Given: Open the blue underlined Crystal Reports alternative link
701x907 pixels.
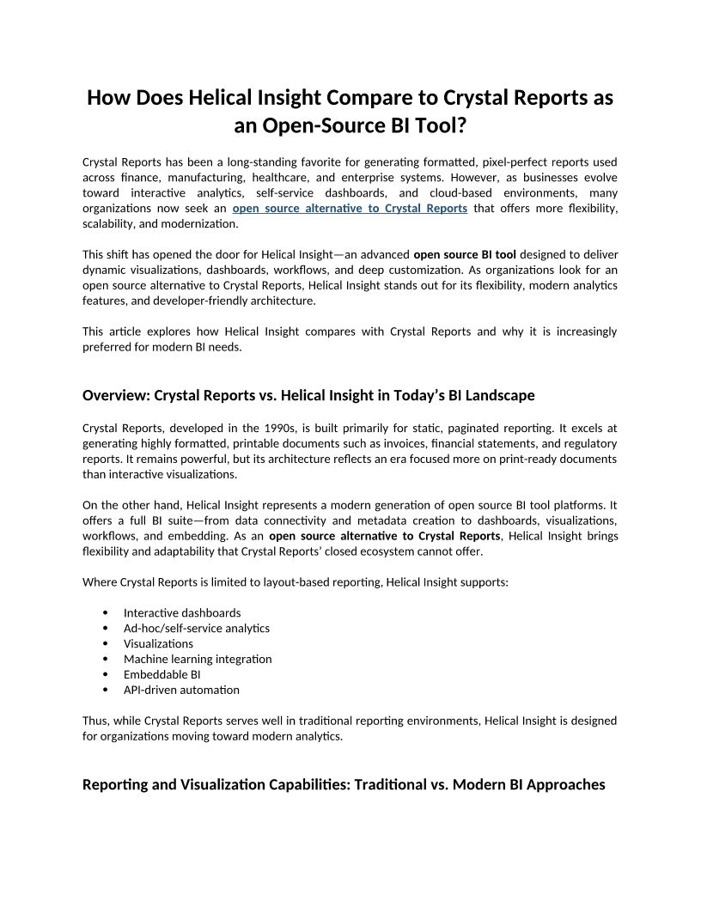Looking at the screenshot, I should [350, 209].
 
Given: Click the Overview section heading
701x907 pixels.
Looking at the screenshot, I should [308, 396].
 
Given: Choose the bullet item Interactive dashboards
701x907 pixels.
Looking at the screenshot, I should [182, 612].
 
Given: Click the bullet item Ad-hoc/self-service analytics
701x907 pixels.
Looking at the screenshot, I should [197, 628].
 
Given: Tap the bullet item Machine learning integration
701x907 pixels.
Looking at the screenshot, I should [198, 659].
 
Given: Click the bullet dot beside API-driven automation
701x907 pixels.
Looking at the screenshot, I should [105, 690].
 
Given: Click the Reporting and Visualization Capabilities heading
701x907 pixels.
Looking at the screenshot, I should [344, 784].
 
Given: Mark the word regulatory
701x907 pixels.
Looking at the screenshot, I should [590, 443].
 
